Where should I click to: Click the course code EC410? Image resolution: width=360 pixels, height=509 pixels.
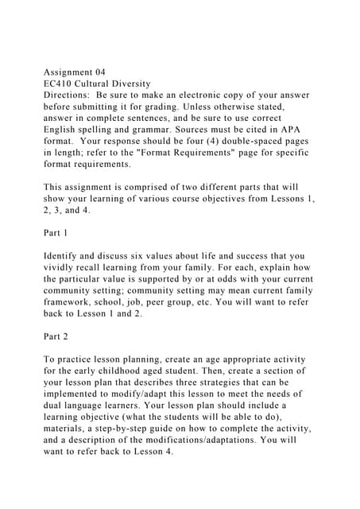(x=58, y=82)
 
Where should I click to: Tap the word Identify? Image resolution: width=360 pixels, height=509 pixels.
(x=64, y=256)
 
